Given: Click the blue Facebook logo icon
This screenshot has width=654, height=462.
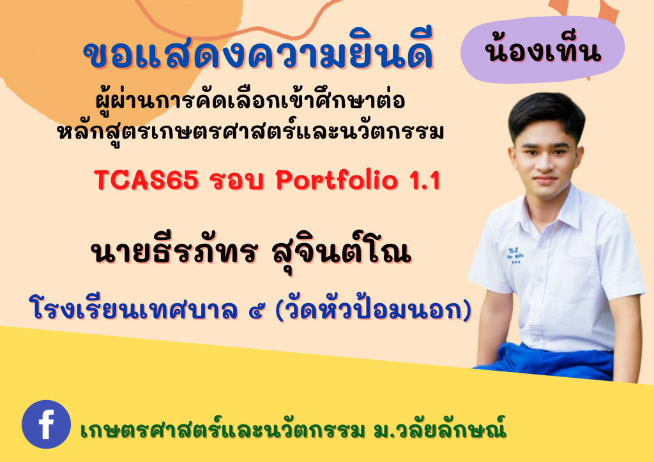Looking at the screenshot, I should pos(46,424).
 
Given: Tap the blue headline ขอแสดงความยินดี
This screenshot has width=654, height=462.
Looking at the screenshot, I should pos(259,56).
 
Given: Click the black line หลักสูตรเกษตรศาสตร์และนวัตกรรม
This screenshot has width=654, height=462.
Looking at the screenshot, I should pos(250,132).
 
